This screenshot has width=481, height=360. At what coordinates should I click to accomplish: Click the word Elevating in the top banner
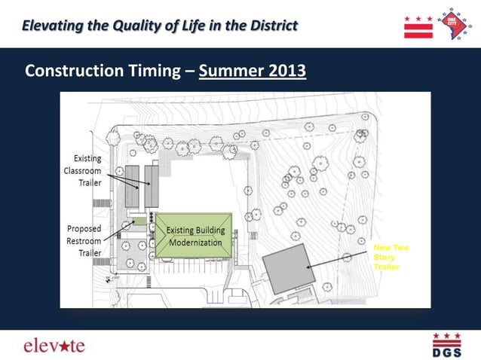(x=52, y=26)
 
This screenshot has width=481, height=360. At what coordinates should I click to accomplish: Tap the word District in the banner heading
(x=268, y=26)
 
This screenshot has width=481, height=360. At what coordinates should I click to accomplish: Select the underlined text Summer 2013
(x=253, y=71)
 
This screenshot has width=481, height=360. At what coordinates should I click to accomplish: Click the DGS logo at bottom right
(x=446, y=345)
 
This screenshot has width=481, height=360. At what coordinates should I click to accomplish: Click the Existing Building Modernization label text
(x=195, y=236)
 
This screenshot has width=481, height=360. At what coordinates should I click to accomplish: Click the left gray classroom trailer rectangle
(x=132, y=187)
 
